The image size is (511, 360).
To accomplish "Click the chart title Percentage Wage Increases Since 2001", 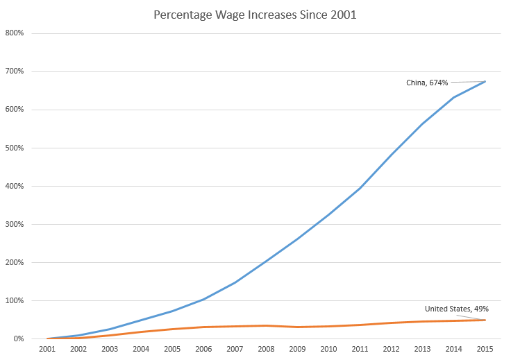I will click(256, 15).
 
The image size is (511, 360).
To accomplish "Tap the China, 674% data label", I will click(427, 83).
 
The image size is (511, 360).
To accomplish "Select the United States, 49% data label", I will click(457, 309).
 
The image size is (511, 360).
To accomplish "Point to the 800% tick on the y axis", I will click(16, 33).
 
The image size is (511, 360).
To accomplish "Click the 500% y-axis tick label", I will click(16, 148).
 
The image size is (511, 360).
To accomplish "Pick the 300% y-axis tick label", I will click(16, 225).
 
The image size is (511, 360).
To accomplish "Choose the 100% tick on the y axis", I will click(16, 301).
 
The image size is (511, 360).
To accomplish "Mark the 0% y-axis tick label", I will click(19, 339).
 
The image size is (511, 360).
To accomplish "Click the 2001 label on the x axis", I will click(47, 350).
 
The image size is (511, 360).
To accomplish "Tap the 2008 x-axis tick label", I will click(266, 350).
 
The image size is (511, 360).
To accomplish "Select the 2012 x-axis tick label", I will click(391, 350).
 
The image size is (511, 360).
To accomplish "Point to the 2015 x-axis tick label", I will click(485, 350).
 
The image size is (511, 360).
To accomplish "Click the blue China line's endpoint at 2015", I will click(485, 81).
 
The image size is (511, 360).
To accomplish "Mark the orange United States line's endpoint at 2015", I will click(485, 320).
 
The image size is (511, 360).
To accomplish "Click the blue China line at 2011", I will click(360, 188).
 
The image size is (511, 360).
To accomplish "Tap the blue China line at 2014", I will click(453, 97).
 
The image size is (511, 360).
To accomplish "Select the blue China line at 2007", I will click(235, 282).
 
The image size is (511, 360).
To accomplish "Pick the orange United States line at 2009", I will click(297, 327).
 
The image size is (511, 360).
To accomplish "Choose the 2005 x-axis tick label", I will click(172, 350).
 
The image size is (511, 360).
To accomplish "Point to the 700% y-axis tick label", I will click(16, 71).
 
